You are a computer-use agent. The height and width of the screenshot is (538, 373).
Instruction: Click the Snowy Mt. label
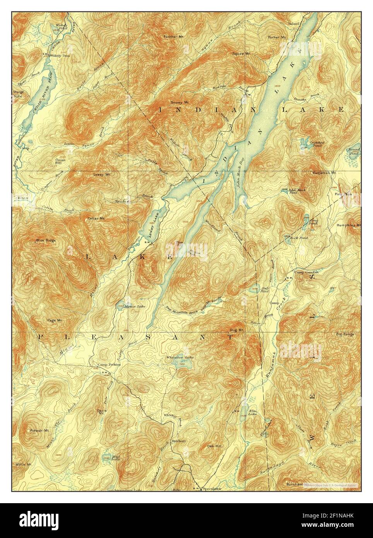coord(180,103)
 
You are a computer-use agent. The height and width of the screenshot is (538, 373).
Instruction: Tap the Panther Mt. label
coord(170,37)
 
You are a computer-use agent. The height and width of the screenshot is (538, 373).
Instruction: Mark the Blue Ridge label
coord(46,240)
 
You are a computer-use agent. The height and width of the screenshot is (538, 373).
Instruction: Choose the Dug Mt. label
coord(236,330)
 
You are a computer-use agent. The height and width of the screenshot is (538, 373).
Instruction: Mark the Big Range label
coord(345,334)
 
